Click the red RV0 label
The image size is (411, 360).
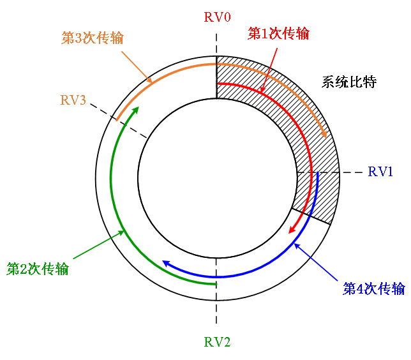[217, 17]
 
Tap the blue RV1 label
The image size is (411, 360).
[381, 172]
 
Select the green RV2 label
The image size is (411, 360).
[217, 342]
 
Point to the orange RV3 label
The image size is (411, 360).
[73, 100]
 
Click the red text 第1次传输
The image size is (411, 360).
[278, 34]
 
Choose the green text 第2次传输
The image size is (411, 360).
[38, 269]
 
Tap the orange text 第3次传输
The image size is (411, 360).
[93, 38]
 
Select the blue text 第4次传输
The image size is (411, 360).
[374, 289]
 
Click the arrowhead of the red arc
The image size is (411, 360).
[292, 228]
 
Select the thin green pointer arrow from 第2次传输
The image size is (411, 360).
[99, 245]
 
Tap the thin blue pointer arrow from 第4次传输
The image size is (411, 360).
[316, 262]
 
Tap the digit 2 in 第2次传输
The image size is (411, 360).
[24, 269]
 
